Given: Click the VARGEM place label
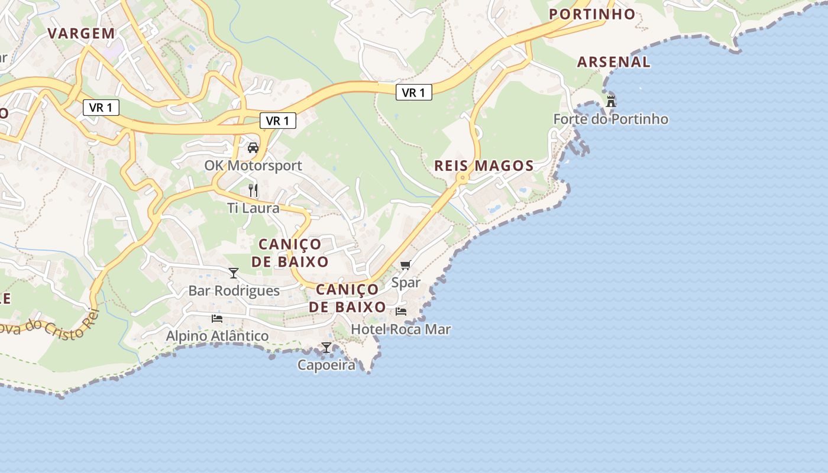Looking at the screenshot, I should pyautogui.click(x=82, y=33).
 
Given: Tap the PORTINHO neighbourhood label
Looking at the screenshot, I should pyautogui.click(x=592, y=14).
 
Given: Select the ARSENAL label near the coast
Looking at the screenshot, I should pyautogui.click(x=613, y=61).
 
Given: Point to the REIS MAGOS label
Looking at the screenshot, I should pyautogui.click(x=484, y=166).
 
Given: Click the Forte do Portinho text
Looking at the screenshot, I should pyautogui.click(x=610, y=119).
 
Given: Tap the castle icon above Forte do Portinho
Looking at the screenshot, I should pyautogui.click(x=611, y=101).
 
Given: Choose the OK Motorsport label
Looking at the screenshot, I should pyautogui.click(x=253, y=166).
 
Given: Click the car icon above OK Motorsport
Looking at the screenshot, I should pyautogui.click(x=253, y=148).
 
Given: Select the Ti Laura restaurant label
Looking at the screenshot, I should pyautogui.click(x=253, y=208).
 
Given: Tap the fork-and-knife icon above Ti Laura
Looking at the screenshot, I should pyautogui.click(x=253, y=190).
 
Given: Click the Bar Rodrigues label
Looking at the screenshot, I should pyautogui.click(x=234, y=291).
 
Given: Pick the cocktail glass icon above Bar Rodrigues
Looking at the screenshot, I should pyautogui.click(x=234, y=273).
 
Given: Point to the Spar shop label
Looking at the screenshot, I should pyautogui.click(x=406, y=283).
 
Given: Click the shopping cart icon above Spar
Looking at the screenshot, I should pyautogui.click(x=405, y=265).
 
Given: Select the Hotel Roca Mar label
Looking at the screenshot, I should pyautogui.click(x=401, y=329).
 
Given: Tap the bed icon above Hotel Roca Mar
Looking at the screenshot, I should pyautogui.click(x=401, y=312).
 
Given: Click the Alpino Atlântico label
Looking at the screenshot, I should pyautogui.click(x=217, y=336).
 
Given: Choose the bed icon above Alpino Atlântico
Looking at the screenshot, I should pyautogui.click(x=217, y=318).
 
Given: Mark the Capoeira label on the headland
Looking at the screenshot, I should pyautogui.click(x=326, y=365).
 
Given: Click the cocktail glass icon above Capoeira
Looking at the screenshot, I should pyautogui.click(x=326, y=347).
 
